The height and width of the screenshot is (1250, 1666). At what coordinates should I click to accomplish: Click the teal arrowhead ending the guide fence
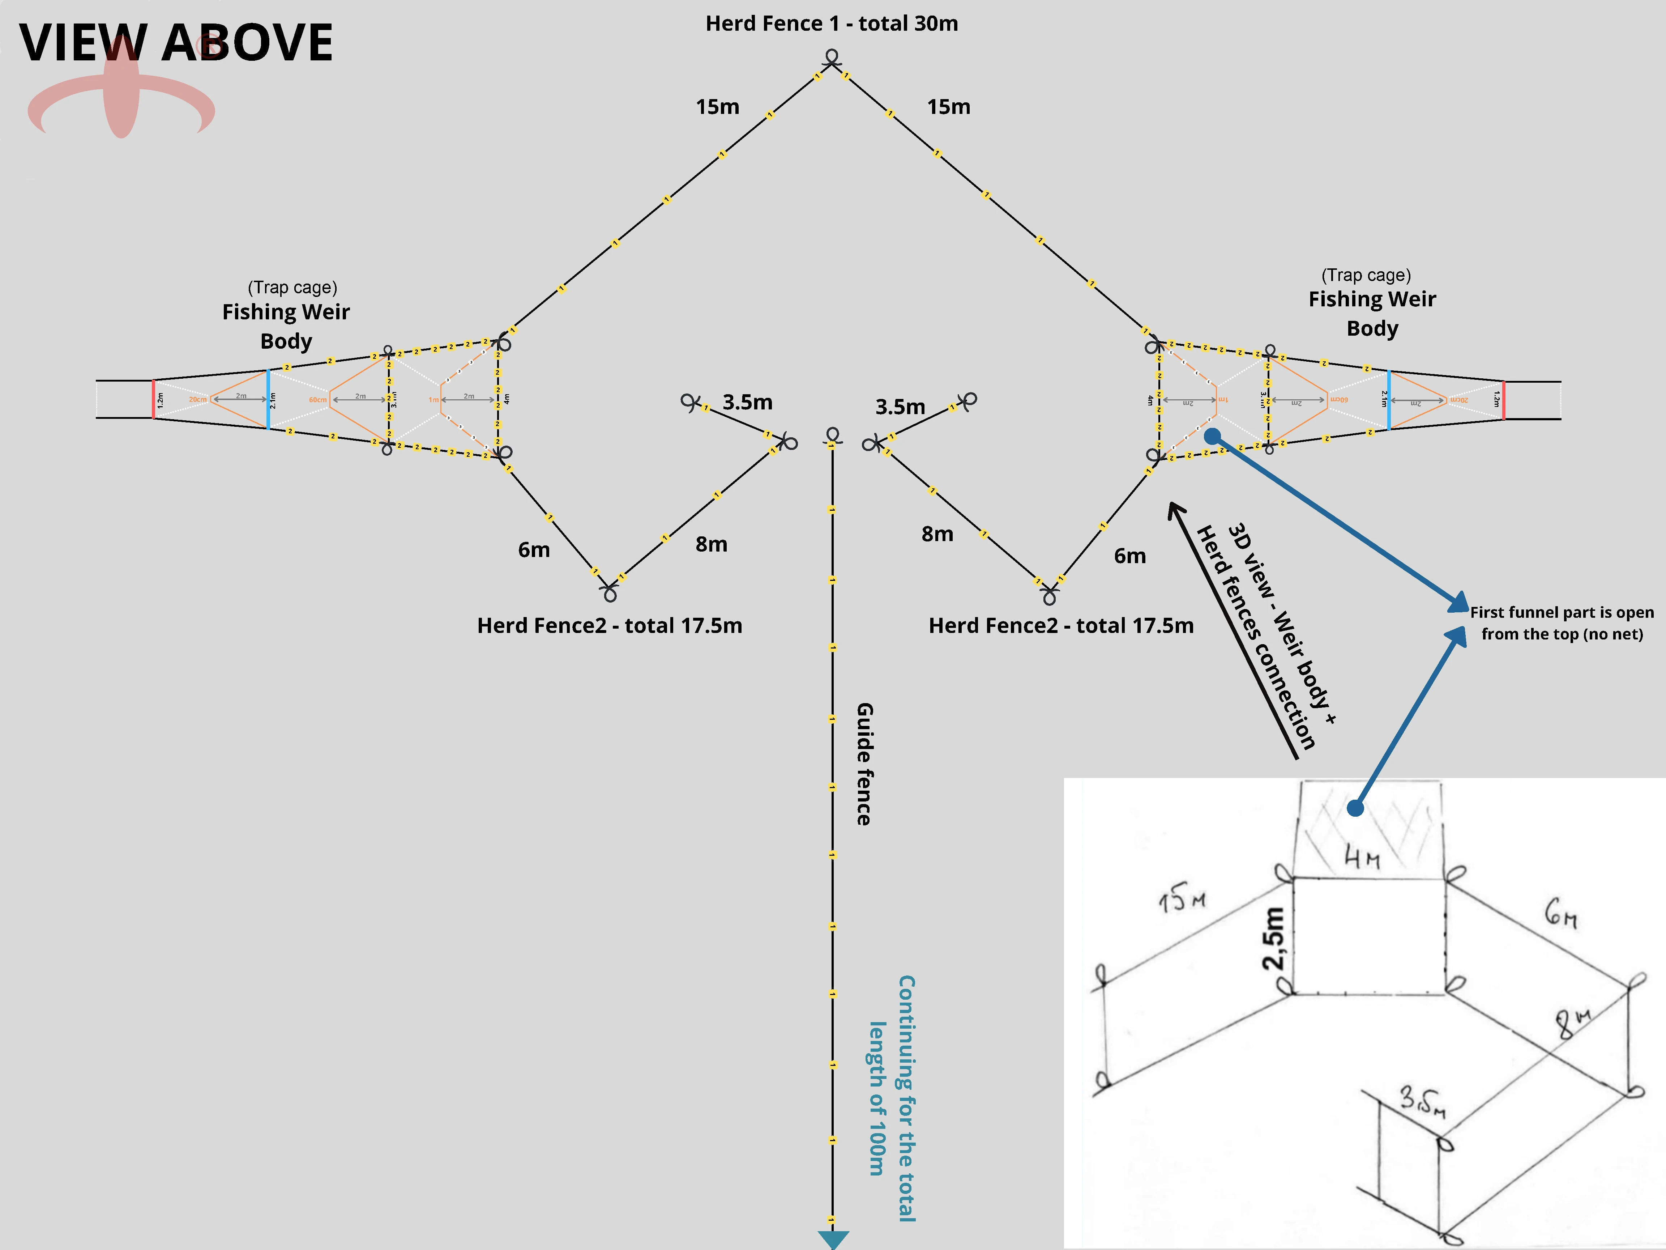tap(833, 1240)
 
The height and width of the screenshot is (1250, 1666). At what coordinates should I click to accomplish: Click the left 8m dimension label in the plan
tap(711, 544)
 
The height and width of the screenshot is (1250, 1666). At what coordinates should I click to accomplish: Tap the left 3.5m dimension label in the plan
tap(747, 402)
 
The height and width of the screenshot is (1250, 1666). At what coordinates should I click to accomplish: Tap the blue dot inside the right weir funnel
tap(1212, 436)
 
